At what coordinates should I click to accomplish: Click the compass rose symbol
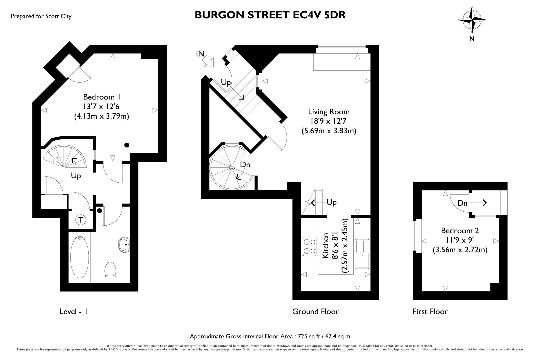(x=472, y=20)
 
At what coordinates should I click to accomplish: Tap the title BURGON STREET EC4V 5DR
(x=270, y=15)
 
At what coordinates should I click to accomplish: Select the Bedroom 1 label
(x=101, y=97)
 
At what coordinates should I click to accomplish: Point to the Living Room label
(x=329, y=112)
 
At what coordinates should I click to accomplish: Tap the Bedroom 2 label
(x=460, y=231)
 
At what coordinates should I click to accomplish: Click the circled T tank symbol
(x=81, y=220)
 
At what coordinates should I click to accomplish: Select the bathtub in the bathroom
(x=80, y=257)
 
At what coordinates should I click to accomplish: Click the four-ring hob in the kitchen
(x=310, y=246)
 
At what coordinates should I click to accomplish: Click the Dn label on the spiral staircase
(x=245, y=165)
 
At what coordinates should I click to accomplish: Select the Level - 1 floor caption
(x=73, y=312)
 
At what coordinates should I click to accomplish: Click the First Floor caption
(x=430, y=312)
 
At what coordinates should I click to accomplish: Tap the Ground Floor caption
(x=315, y=312)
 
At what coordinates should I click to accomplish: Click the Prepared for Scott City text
(x=41, y=16)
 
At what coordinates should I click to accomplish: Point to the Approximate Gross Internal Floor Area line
(x=270, y=336)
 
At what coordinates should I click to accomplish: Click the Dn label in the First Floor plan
(x=462, y=203)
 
